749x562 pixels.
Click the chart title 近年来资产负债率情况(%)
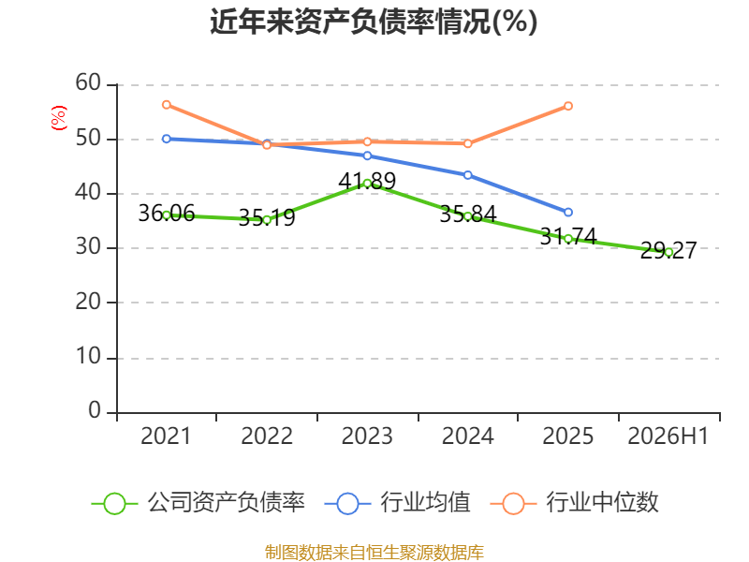pos(374,22)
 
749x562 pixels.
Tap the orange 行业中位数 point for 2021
pos(167,105)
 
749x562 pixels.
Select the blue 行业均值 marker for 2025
pos(568,213)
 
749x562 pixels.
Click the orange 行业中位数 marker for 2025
pos(568,106)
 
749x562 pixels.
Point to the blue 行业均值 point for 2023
pos(367,155)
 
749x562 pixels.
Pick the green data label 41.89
pos(367,181)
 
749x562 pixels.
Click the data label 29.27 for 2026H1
pos(668,250)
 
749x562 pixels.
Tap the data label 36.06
pos(167,214)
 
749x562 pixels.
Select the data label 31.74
pos(568,237)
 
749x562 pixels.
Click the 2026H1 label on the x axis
pos(668,436)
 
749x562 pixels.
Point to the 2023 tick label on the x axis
pos(367,436)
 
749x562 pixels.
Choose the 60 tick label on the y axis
pos(88,82)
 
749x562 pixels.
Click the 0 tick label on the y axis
pos(95,410)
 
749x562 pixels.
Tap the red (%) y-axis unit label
pos(59,118)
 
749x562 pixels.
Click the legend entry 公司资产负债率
pos(198,503)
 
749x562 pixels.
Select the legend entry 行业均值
pos(397,503)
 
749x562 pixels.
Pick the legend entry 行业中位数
pos(574,503)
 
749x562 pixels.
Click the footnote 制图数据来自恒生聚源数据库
pos(374,553)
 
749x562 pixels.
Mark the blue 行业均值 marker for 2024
pos(467,175)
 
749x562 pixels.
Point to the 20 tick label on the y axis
pos(88,302)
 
